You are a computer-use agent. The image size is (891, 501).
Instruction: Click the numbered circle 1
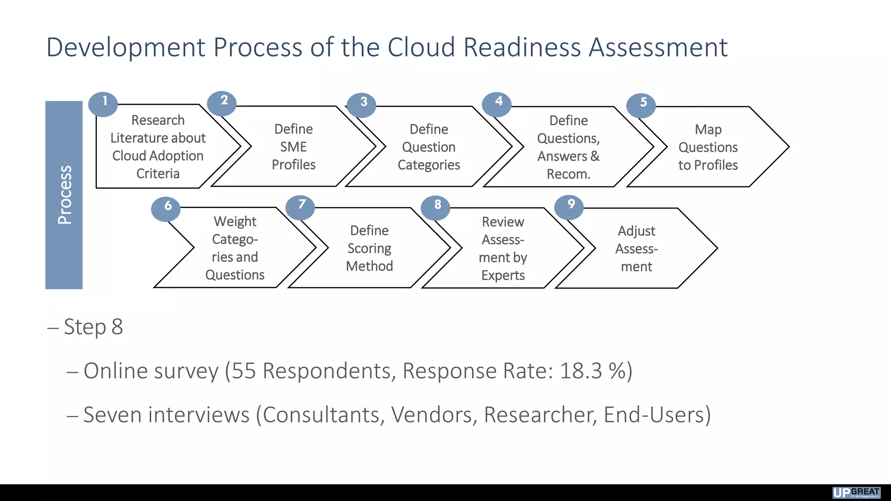pos(103,104)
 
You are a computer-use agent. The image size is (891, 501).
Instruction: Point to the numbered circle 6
pos(166,209)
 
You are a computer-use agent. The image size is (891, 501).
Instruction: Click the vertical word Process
pos(64,195)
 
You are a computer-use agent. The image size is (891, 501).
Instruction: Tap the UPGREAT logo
pos(856,492)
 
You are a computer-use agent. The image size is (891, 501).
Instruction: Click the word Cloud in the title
pos(421,47)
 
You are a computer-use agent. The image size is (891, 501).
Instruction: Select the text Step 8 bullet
pos(93,327)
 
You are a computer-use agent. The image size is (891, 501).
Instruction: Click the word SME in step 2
pos(293,147)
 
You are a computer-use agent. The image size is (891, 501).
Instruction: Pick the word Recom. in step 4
pos(568,174)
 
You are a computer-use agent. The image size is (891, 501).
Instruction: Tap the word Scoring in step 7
pos(369,248)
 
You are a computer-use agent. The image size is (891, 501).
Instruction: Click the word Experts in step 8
pos(503,275)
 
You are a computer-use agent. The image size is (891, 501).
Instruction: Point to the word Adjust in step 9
pos(636,231)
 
